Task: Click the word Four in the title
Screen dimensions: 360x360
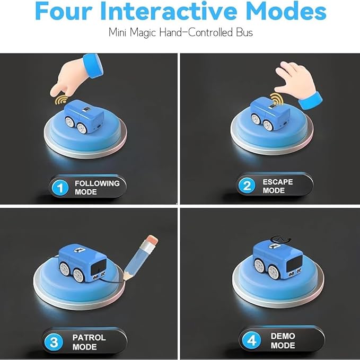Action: [64, 11]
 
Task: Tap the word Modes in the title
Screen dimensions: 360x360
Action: [286, 11]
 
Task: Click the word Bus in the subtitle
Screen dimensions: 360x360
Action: [244, 32]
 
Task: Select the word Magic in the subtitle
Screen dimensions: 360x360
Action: [143, 32]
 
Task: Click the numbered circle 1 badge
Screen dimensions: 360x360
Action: [60, 188]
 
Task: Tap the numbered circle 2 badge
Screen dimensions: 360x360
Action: [247, 186]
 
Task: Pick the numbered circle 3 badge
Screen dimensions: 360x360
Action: [54, 342]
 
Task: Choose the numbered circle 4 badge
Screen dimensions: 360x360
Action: [252, 340]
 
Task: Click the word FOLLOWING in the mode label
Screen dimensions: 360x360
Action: [97, 183]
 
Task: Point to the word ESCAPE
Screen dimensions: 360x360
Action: [278, 182]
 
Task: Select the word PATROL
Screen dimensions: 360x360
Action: [89, 338]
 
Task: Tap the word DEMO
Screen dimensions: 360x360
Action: [283, 336]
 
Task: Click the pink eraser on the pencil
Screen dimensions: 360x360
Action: [152, 240]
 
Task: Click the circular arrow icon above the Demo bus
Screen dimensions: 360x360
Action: [280, 239]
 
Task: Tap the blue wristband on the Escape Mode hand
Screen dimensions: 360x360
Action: [310, 101]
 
